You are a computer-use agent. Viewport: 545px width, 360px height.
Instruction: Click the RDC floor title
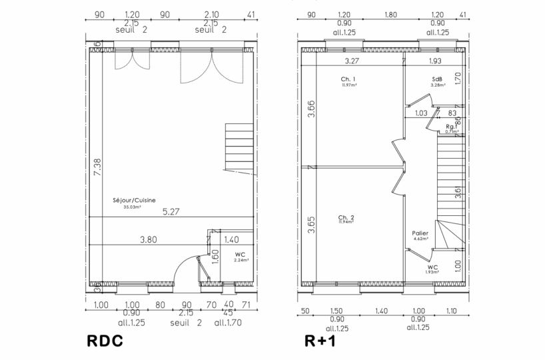106,342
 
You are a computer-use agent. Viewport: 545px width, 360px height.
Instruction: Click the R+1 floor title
322,342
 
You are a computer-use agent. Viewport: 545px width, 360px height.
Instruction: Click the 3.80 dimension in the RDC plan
149,239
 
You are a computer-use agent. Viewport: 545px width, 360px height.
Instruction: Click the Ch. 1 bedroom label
348,79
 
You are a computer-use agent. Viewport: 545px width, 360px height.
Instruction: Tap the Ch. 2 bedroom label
346,218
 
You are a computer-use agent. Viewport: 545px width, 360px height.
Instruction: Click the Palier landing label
420,233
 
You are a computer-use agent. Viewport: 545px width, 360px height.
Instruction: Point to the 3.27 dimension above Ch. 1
351,61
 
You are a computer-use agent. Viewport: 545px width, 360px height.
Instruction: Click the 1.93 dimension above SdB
434,61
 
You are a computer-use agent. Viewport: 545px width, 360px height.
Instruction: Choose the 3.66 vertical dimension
311,109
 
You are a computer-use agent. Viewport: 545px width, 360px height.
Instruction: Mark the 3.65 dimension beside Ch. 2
311,227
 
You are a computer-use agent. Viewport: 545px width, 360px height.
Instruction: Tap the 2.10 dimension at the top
211,13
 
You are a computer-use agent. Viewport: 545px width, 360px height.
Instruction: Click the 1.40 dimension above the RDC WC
231,239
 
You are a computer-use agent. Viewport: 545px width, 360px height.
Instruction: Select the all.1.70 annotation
228,322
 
